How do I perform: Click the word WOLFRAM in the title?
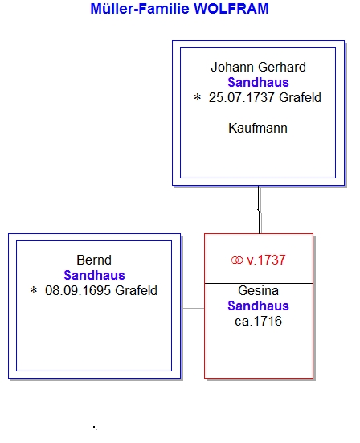[231, 9]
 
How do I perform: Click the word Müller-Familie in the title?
[140, 9]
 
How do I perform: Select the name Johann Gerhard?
[258, 68]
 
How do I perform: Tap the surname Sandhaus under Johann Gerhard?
[258, 83]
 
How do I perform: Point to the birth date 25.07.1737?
[241, 98]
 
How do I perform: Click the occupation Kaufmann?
[258, 129]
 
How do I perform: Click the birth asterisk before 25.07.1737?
[198, 97]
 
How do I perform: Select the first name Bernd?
[94, 260]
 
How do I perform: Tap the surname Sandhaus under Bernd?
[94, 275]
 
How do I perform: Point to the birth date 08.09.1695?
[78, 290]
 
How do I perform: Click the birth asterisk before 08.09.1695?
[34, 290]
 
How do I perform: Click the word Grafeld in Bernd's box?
[136, 290]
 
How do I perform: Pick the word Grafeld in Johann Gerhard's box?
[300, 98]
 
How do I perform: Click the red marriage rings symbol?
[237, 260]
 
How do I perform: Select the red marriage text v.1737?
[266, 260]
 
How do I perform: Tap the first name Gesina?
[258, 290]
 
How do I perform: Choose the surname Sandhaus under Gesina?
[258, 306]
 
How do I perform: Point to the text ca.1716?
[258, 322]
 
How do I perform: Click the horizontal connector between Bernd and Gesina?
[193, 306]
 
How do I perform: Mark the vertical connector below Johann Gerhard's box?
[259, 209]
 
